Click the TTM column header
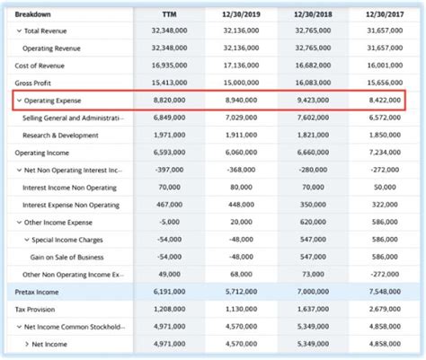169,13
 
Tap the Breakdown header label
32,13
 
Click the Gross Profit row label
34,82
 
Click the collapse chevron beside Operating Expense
19,100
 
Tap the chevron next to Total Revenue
19,31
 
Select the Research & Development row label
61,135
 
